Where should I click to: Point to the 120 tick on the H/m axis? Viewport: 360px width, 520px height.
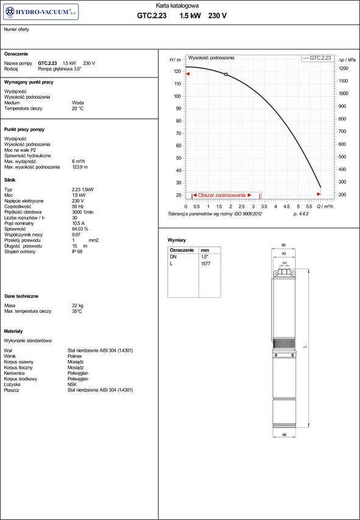[178, 71]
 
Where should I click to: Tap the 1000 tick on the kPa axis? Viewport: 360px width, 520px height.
[343, 93]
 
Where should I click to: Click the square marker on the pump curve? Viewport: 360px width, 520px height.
[226, 74]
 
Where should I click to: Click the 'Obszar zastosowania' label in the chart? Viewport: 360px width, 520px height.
[222, 195]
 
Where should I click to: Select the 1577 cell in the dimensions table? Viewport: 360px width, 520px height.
[206, 264]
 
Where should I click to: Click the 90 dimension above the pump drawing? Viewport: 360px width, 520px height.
[283, 245]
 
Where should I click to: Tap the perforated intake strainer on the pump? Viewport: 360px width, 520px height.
[284, 343]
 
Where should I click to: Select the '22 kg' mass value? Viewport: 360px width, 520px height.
[78, 305]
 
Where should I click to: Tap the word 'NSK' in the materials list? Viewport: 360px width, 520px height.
[72, 384]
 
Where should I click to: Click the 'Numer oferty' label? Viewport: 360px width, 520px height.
[16, 29]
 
